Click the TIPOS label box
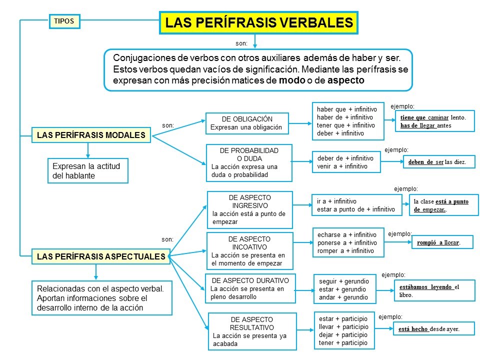[64, 21]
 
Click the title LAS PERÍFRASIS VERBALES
[259, 23]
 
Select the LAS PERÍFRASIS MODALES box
[90, 135]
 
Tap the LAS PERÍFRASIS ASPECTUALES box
[100, 256]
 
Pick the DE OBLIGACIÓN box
[247, 123]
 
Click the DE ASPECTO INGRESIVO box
[250, 209]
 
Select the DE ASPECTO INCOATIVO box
[249, 251]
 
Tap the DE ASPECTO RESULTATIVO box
[252, 331]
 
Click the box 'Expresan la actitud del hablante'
[88, 170]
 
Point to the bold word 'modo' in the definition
[292, 80]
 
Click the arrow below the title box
[255, 41]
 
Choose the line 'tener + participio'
[343, 342]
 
